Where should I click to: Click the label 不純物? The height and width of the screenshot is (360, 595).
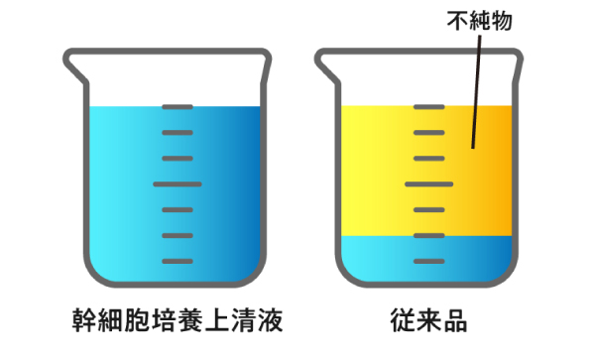pyautogui.click(x=480, y=21)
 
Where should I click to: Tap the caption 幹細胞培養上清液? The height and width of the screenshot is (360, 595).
pyautogui.click(x=178, y=320)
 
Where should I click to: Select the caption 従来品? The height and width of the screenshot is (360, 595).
pyautogui.click(x=428, y=320)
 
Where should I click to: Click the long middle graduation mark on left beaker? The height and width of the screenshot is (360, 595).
pyautogui.click(x=178, y=184)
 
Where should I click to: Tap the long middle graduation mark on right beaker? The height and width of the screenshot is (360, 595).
pyautogui.click(x=428, y=184)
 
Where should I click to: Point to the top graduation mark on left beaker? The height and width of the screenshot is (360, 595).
pyautogui.click(x=178, y=107)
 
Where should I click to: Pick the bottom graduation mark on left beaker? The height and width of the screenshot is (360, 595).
pyautogui.click(x=178, y=261)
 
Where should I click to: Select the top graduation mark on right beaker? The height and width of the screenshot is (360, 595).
pyautogui.click(x=428, y=107)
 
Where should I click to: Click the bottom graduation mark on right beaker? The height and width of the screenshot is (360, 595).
pyautogui.click(x=428, y=261)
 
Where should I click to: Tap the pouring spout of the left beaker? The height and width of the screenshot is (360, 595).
pyautogui.click(x=75, y=66)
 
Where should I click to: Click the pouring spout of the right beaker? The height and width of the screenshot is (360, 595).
pyautogui.click(x=326, y=66)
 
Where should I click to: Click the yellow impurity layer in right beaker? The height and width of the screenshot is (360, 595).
pyautogui.click(x=380, y=171)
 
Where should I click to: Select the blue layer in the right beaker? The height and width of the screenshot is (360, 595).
pyautogui.click(x=380, y=258)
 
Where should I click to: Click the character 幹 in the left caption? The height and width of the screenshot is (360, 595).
pyautogui.click(x=85, y=320)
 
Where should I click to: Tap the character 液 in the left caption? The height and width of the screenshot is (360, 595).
pyautogui.click(x=271, y=320)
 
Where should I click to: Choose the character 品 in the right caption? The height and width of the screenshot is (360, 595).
pyautogui.click(x=455, y=320)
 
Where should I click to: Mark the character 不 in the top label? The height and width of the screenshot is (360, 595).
pyautogui.click(x=457, y=21)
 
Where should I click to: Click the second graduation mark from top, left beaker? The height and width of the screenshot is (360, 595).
pyautogui.click(x=178, y=133)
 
